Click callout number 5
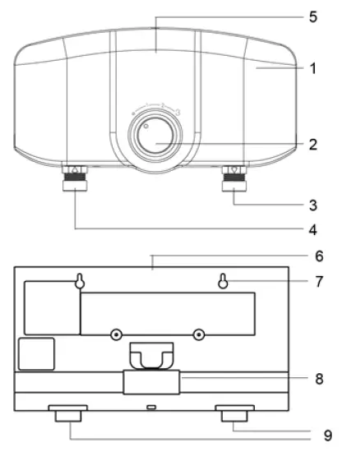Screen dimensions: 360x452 313,16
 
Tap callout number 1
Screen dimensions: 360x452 312,68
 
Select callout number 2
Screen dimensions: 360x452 313,144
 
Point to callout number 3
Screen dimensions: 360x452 313,205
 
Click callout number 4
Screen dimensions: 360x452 313,230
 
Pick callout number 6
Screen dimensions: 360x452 319,256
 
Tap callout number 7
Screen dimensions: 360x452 319,281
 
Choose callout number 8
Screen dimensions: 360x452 319,379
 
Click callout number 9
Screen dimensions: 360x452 328,436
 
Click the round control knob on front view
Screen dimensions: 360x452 155,136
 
